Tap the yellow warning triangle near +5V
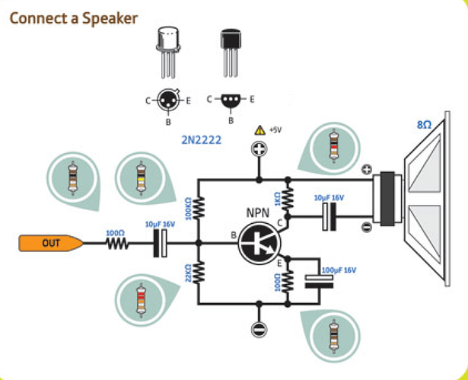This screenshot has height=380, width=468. pyautogui.click(x=259, y=129)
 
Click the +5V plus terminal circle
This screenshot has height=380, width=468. pyautogui.click(x=259, y=149)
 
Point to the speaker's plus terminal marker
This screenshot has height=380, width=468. pyautogui.click(x=366, y=169)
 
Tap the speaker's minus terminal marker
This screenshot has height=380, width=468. pyautogui.click(x=366, y=225)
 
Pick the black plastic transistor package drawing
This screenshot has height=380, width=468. pyautogui.click(x=229, y=49)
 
